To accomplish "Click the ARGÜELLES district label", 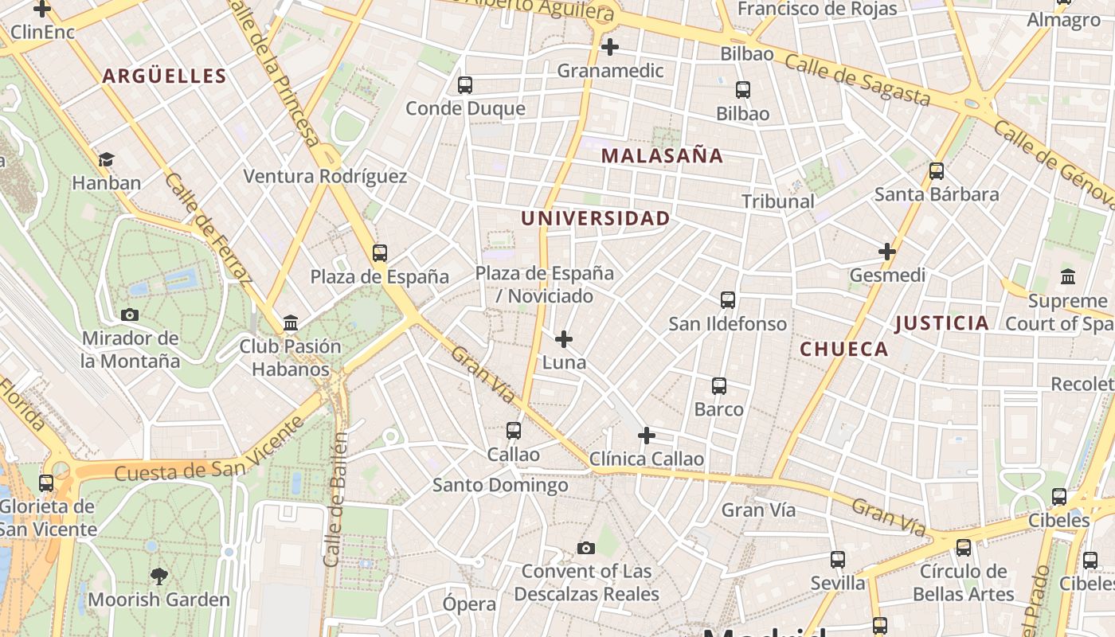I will point(165,76).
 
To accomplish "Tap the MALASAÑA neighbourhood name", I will point(662,156).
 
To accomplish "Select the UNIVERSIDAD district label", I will point(595,218).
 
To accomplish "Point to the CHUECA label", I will point(843,349).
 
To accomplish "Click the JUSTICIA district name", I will point(941,323).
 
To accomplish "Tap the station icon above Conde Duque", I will point(465,84).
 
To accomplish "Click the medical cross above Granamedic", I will point(610,47).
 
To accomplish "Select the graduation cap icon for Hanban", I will point(106,159).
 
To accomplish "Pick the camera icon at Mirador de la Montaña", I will point(130,315).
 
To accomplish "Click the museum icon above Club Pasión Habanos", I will point(291,323).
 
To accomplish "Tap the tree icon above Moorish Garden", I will point(159,576).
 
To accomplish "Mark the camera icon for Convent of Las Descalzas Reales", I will point(586,548).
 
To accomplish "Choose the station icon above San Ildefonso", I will point(728,300).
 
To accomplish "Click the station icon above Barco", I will point(719,386).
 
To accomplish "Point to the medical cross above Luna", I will point(564,339).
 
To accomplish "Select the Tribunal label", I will point(778,201).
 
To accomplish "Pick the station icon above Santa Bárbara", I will point(937,170).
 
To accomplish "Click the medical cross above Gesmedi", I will point(887,252).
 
